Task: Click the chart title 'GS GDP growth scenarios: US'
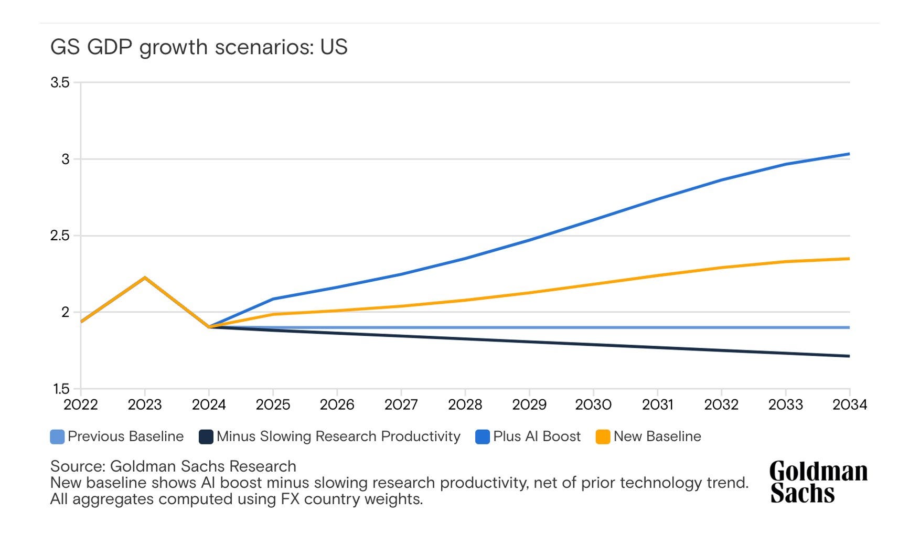click(x=199, y=47)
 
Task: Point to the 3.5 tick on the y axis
click(x=60, y=83)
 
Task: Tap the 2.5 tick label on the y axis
click(x=60, y=236)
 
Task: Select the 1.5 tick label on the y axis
click(x=61, y=389)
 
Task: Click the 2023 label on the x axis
click(x=145, y=405)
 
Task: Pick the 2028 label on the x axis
click(x=465, y=405)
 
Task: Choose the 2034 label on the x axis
click(x=850, y=405)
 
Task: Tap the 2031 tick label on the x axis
click(x=657, y=405)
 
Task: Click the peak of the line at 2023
click(x=145, y=278)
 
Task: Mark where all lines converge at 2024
click(x=209, y=327)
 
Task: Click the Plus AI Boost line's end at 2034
click(x=849, y=154)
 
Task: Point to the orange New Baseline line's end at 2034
click(x=849, y=259)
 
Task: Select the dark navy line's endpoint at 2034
click(x=849, y=356)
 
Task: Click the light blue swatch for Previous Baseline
click(x=57, y=436)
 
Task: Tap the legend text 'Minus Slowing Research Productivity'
click(x=338, y=436)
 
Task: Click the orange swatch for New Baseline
click(x=603, y=436)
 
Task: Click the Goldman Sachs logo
click(x=818, y=482)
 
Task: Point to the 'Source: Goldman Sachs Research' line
click(x=173, y=466)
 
